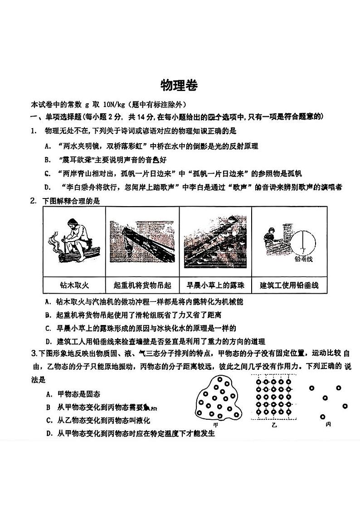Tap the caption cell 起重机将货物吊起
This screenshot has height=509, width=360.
pyautogui.click(x=142, y=285)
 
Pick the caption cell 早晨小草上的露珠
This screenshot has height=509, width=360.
pyautogui.click(x=215, y=285)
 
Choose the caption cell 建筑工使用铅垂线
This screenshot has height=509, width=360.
pyautogui.click(x=289, y=285)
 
